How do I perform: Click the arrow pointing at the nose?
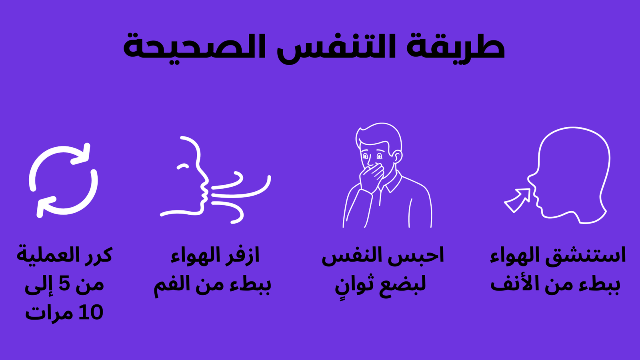[517, 200]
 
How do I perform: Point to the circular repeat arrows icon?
[63, 180]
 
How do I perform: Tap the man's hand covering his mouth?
[372, 176]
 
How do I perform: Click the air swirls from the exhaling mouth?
[240, 196]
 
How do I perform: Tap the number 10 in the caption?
[91, 313]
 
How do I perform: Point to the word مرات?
[50, 313]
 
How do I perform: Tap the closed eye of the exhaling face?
[183, 166]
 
